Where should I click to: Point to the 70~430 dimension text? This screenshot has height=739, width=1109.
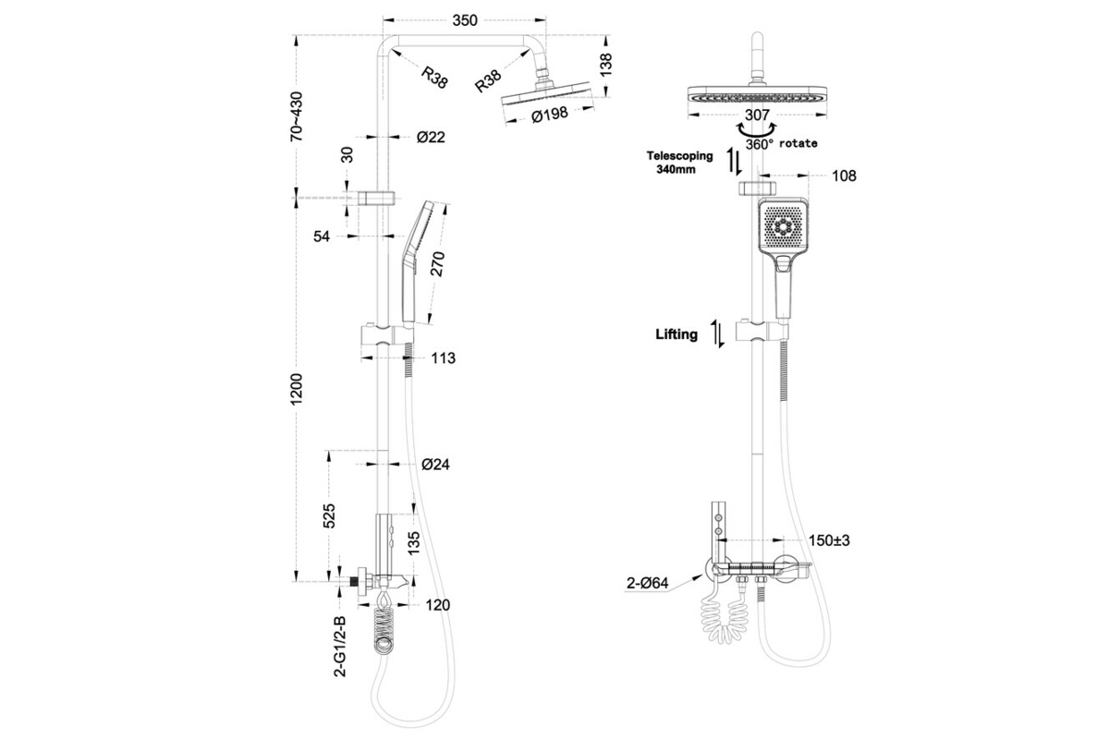point(297,115)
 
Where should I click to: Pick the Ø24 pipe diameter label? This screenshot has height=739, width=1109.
point(434,465)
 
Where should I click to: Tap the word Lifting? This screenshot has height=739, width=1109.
point(676,334)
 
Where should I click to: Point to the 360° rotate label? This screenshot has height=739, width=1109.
point(781,144)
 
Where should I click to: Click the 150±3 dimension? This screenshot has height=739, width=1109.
point(829,540)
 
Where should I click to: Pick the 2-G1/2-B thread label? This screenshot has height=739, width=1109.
point(340,646)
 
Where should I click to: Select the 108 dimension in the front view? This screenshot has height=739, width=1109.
point(844,176)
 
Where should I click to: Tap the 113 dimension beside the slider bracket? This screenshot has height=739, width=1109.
point(444,357)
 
